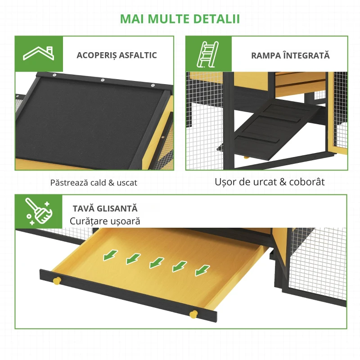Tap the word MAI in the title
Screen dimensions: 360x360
point(134,18)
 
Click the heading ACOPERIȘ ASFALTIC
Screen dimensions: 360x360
point(117,55)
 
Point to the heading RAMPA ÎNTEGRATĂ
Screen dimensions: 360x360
point(290,56)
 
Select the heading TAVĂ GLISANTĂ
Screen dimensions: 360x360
point(105,209)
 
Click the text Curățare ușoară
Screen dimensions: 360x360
point(105,221)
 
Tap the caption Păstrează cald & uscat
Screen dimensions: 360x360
point(94,183)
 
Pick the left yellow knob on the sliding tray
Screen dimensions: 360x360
point(57,281)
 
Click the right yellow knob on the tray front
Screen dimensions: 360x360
point(193,313)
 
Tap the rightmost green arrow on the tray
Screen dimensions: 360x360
point(202,270)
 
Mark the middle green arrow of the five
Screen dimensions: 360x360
point(156,262)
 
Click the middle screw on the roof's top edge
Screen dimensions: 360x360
point(103,80)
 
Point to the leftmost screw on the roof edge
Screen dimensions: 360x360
point(54,75)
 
